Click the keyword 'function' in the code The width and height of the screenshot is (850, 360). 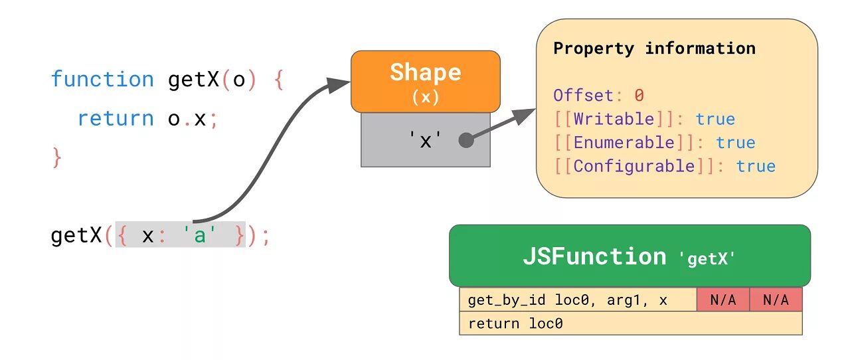(102, 80)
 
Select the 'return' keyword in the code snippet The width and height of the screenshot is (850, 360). (115, 118)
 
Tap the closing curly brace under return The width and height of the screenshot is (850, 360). (56, 157)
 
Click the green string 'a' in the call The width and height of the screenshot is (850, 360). (200, 236)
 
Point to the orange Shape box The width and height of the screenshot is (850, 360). (425, 80)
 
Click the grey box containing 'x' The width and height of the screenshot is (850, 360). (425, 139)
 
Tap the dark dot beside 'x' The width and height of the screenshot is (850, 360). (466, 140)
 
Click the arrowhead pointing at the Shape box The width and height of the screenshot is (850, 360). (339, 84)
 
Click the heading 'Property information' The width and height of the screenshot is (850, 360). (654, 48)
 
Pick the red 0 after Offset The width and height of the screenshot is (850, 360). (639, 95)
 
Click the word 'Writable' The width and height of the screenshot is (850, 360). (614, 119)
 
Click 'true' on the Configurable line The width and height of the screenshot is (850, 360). (756, 165)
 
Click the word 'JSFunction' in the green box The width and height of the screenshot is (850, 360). (594, 256)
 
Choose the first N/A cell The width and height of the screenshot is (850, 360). (723, 300)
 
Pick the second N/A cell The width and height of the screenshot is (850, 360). (776, 300)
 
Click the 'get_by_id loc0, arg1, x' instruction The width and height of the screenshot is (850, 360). (567, 300)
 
